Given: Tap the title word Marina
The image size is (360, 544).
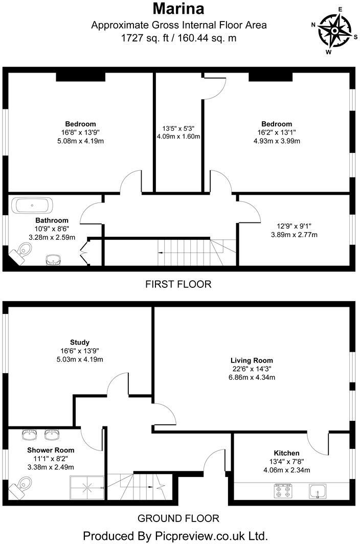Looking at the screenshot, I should point(179,9).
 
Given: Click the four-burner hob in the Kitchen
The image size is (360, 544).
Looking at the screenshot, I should point(281,492).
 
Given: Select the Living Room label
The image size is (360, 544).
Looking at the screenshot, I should point(252,360).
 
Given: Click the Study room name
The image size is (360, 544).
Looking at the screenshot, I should point(80,342).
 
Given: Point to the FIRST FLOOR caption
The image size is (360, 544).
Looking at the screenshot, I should point(178,284).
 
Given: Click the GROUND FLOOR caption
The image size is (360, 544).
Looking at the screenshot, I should point(178,518).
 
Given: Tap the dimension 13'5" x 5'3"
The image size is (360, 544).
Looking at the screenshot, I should point(178,128).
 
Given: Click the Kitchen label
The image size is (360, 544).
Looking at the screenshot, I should point(286,453).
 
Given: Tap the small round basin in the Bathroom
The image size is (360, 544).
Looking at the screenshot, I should point(52,260).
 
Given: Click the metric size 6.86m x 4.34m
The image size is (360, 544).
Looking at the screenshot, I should point(252,378).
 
